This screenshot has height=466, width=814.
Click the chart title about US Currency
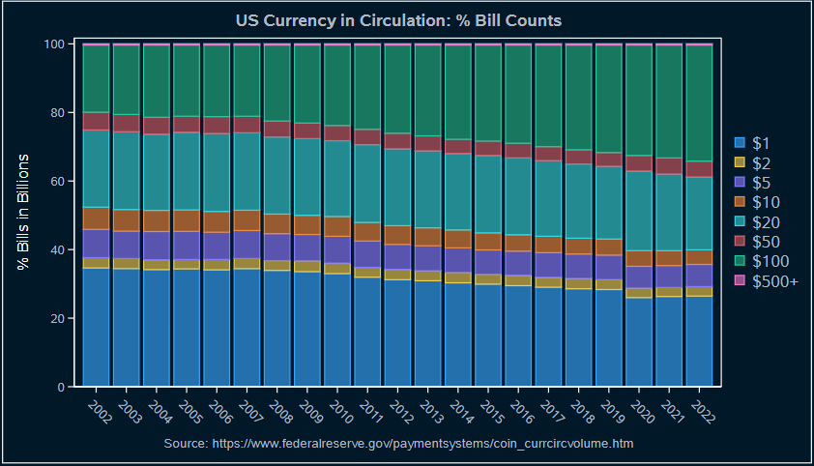click(398, 20)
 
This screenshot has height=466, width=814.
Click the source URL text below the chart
click(398, 443)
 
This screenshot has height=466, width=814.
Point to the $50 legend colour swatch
click(741, 242)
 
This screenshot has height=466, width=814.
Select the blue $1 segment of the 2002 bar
click(96, 327)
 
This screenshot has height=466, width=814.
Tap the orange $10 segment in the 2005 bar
click(187, 220)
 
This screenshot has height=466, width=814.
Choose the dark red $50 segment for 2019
click(609, 160)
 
